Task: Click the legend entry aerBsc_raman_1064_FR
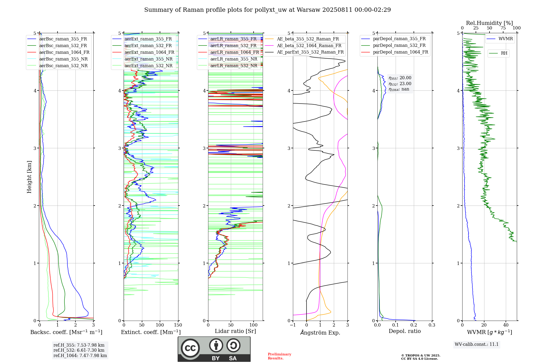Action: tap(64, 52)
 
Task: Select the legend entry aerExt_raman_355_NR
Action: tap(148, 59)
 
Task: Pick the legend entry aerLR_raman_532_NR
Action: tap(234, 66)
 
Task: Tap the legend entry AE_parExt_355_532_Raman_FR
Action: tap(310, 52)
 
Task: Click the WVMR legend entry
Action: tap(506, 39)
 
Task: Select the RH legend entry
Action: tap(504, 53)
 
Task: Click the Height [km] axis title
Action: tap(29, 177)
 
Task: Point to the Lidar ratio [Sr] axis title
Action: tap(235, 331)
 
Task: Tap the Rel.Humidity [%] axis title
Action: tap(489, 23)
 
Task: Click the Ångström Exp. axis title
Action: tap(320, 332)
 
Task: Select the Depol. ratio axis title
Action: tap(404, 331)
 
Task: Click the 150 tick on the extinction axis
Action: tap(178, 325)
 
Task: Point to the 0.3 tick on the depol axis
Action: tap(432, 325)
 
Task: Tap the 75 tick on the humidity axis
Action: tap(503, 28)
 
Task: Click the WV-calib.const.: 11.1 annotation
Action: tap(477, 344)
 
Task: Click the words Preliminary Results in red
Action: tap(279, 356)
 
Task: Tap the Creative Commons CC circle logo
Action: tap(190, 348)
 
